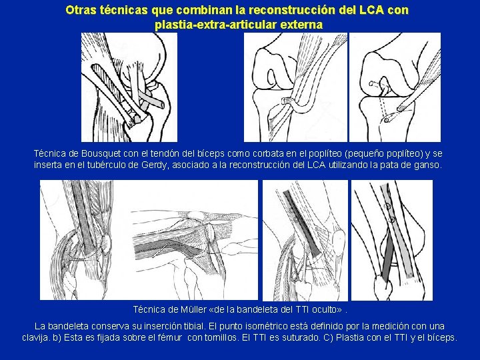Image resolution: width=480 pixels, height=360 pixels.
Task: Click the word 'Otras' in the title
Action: (x=81, y=11)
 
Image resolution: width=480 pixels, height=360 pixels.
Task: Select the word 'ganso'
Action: (x=427, y=164)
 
